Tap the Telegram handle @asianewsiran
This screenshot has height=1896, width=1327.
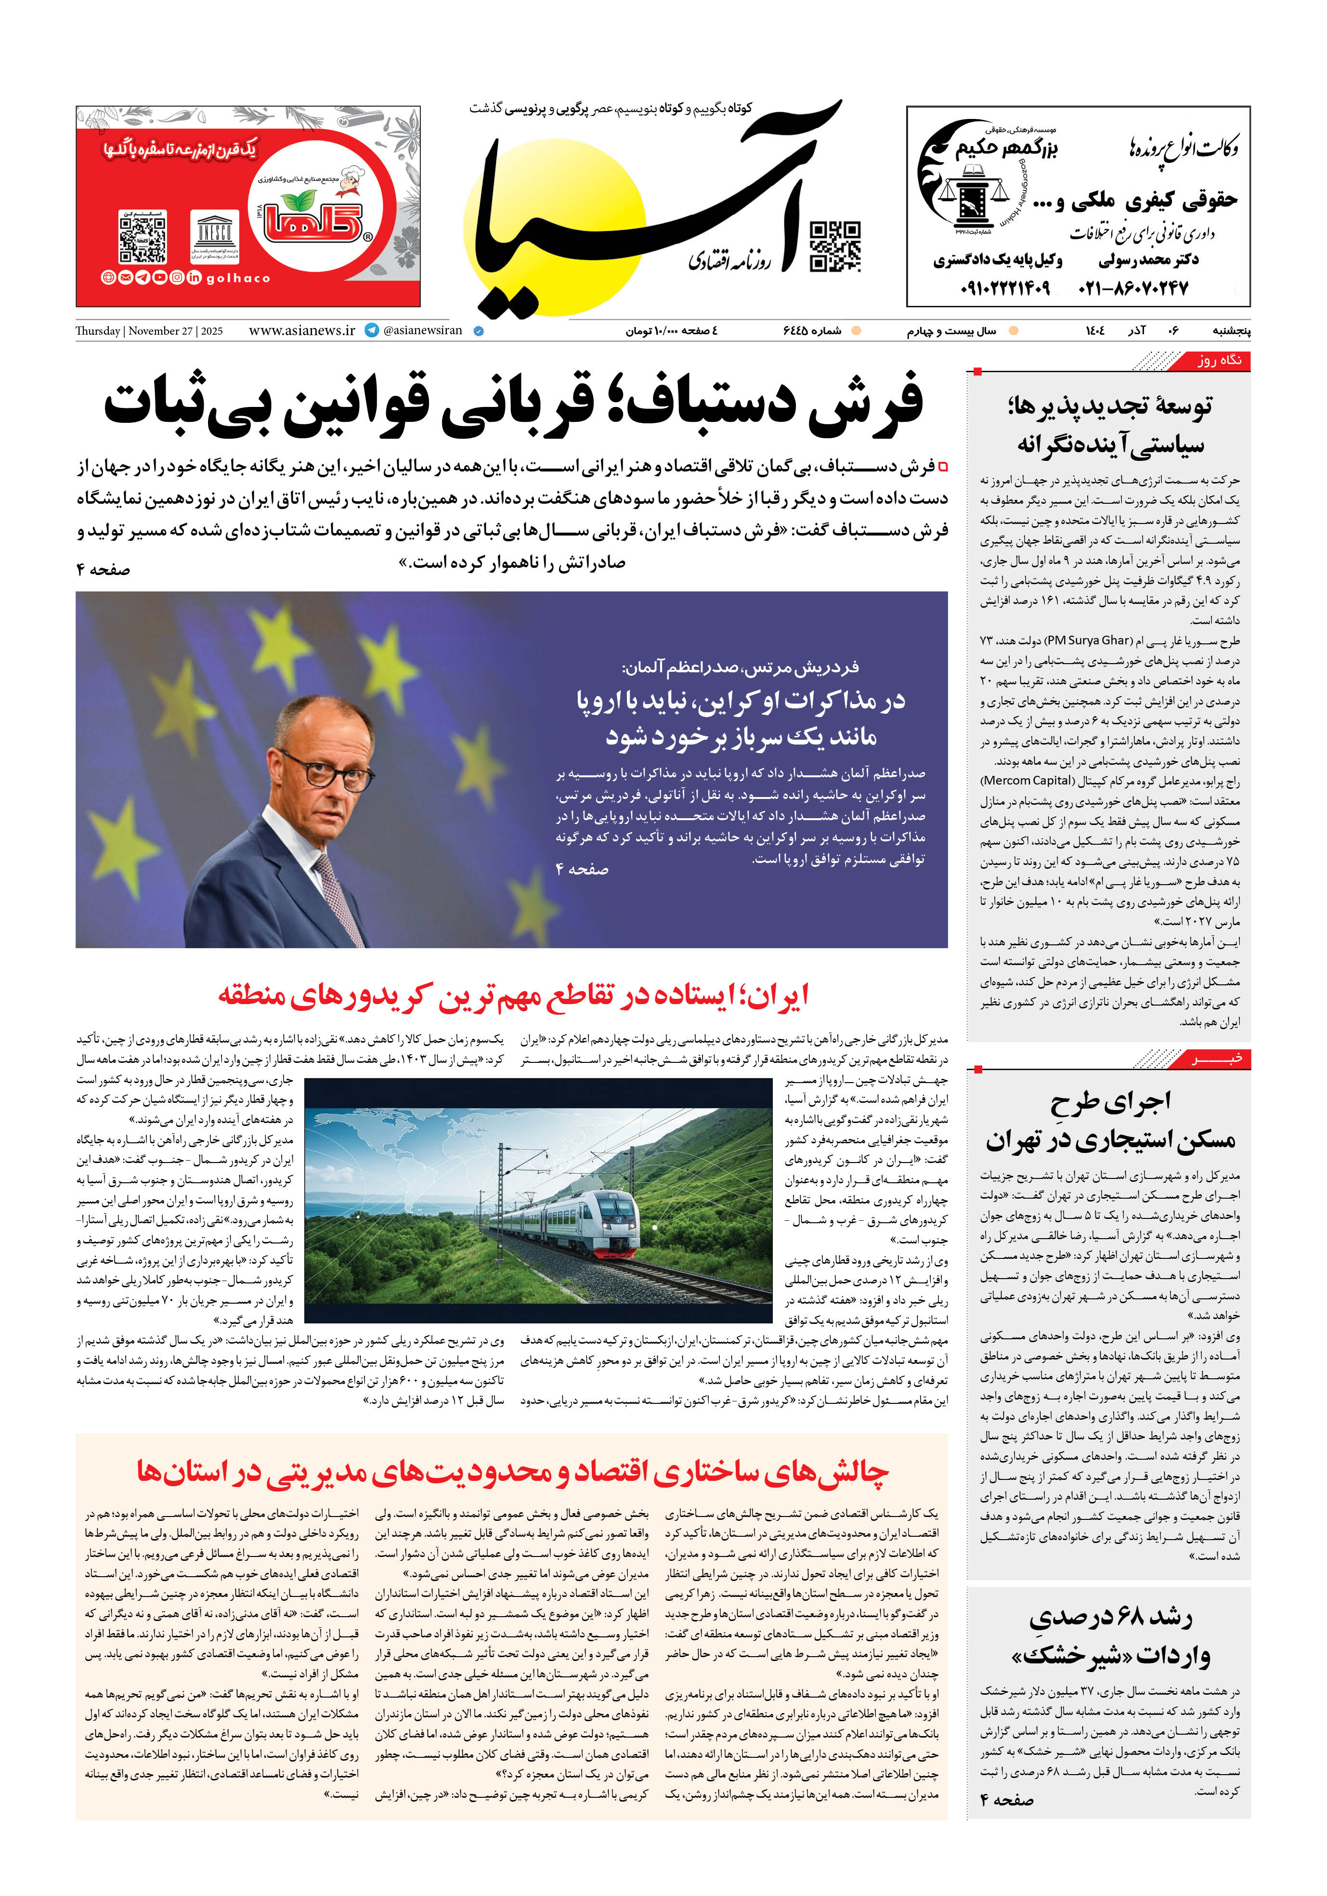pyautogui.click(x=422, y=330)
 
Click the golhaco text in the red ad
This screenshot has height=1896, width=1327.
pyautogui.click(x=238, y=278)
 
